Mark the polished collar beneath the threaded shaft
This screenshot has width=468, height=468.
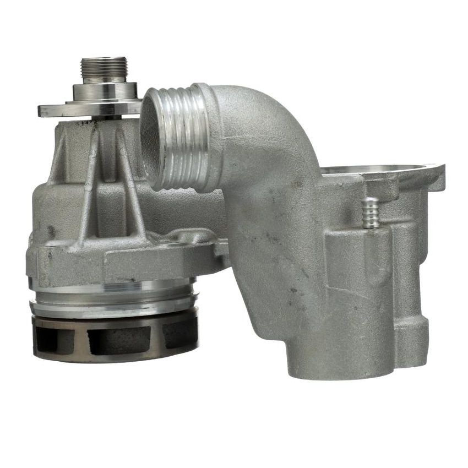tap(105, 90)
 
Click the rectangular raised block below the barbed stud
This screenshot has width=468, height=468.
tap(358, 248)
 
